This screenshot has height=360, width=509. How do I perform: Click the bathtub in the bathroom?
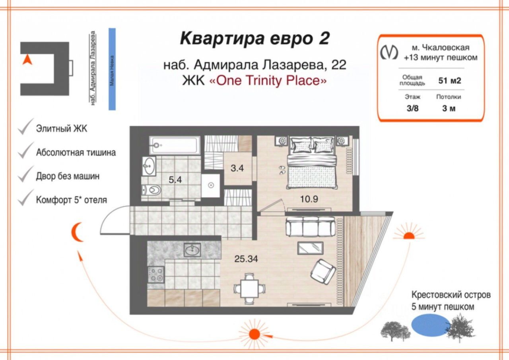[x=175, y=145]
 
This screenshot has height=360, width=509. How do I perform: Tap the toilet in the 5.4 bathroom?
[x=152, y=190]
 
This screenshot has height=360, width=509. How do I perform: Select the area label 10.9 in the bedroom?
[x=309, y=199]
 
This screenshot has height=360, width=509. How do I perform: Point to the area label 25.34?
[x=246, y=259]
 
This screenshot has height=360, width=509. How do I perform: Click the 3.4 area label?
[x=237, y=168]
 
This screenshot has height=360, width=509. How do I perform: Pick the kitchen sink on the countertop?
[x=192, y=250]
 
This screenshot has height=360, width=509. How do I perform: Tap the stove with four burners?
[x=156, y=274]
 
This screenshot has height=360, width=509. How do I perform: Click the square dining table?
[x=249, y=289]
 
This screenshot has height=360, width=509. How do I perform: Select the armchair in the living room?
[x=323, y=272]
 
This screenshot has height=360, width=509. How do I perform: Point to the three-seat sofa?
[x=311, y=227]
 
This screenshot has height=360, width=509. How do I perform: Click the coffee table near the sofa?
[x=311, y=248]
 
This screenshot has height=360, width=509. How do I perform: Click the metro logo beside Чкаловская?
[x=389, y=52]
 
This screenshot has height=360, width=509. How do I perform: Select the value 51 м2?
[x=450, y=81]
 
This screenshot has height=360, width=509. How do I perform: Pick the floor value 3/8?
[x=412, y=109]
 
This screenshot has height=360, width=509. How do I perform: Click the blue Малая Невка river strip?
[x=112, y=69]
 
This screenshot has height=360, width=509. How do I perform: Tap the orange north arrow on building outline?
[x=27, y=59]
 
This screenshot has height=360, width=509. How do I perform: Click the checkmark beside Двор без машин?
[x=26, y=174]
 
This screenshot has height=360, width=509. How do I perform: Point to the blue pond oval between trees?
[x=431, y=325]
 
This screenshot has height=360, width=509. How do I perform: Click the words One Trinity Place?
[x=268, y=81]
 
